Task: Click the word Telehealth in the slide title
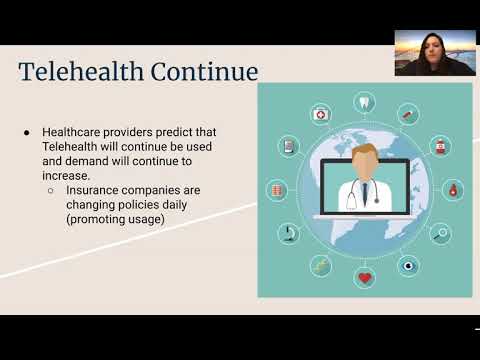click(81, 72)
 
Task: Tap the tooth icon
click(365, 102)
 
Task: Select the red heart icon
click(365, 277)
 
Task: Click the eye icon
click(408, 265)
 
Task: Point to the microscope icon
click(288, 233)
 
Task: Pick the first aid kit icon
click(320, 114)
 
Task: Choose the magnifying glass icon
click(441, 233)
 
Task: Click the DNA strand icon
click(320, 265)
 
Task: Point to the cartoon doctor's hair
click(365, 153)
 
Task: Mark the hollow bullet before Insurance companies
click(51, 189)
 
